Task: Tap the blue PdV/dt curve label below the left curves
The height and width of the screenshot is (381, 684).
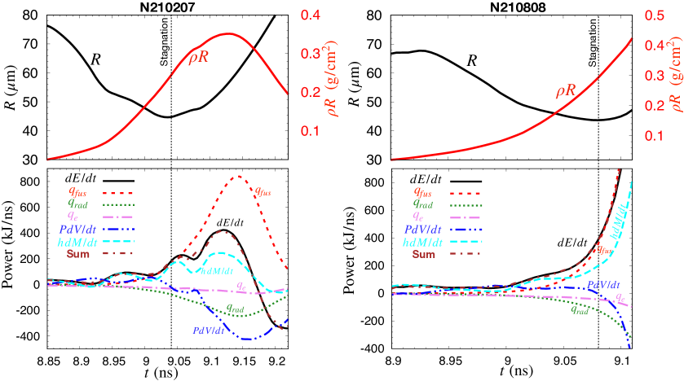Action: (209, 330)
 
